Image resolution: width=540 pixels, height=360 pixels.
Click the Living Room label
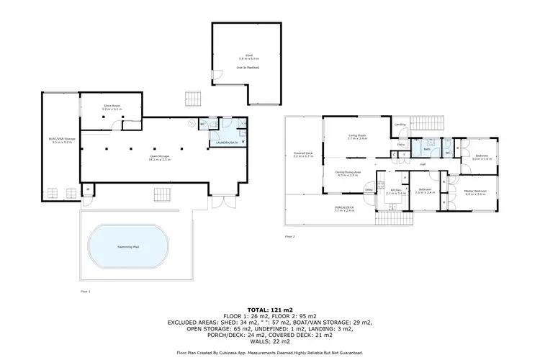point(357,135)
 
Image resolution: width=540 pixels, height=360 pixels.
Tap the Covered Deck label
point(303,153)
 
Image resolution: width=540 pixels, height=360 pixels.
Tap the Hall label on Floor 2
point(423,164)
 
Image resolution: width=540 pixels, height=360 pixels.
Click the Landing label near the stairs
point(400,125)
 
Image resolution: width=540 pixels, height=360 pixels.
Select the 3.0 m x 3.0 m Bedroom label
point(482,156)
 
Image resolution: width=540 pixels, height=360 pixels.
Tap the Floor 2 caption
point(290,236)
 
